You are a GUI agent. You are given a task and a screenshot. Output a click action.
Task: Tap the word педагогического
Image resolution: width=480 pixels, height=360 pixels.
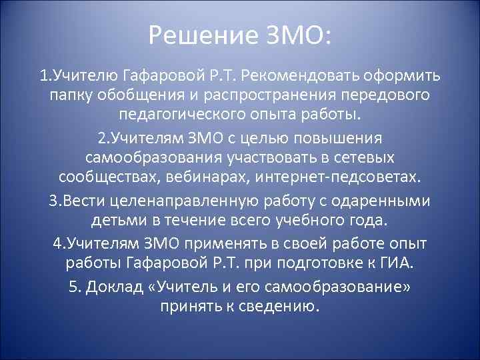coord(187,113)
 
